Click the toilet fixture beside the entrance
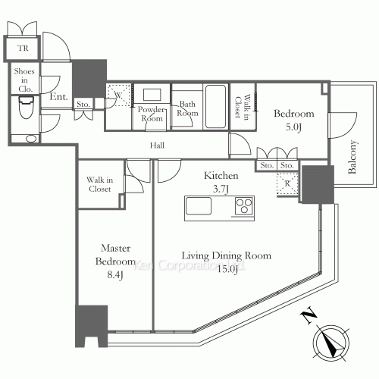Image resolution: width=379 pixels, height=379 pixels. [x=26, y=108]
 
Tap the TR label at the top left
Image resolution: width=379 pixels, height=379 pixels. [x=23, y=48]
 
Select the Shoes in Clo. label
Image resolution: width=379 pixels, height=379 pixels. [x=24, y=80]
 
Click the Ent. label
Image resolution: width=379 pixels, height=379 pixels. [x=58, y=96]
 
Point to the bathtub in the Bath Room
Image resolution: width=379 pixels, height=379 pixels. [x=215, y=107]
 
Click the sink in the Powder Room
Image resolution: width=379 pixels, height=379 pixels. [x=152, y=95]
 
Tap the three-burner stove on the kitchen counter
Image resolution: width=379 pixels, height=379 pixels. [x=244, y=206]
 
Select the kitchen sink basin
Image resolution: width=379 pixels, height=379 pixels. [x=199, y=206]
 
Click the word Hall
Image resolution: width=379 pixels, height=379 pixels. [x=157, y=146]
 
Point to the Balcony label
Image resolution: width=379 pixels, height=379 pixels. [x=352, y=157]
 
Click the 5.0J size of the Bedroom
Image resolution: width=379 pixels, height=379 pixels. [x=293, y=127]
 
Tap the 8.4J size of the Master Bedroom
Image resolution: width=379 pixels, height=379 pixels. [x=115, y=274]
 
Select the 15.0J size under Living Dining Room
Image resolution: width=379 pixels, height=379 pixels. [x=227, y=269]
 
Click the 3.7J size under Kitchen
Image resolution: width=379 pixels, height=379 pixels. [x=221, y=189]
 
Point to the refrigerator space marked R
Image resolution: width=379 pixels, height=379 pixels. [x=287, y=183]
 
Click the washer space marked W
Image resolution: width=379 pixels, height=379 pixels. [x=119, y=96]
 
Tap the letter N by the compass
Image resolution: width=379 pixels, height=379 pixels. [x=309, y=315]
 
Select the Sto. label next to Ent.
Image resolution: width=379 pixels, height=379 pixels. [x=83, y=104]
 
